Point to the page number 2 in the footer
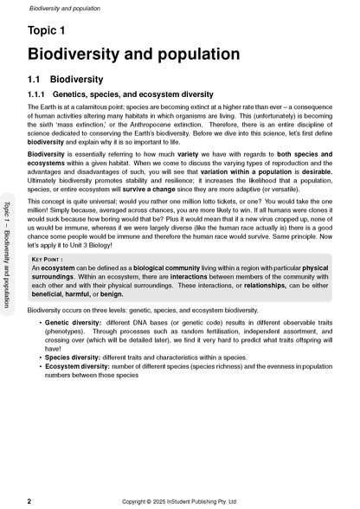pos(29,500)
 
